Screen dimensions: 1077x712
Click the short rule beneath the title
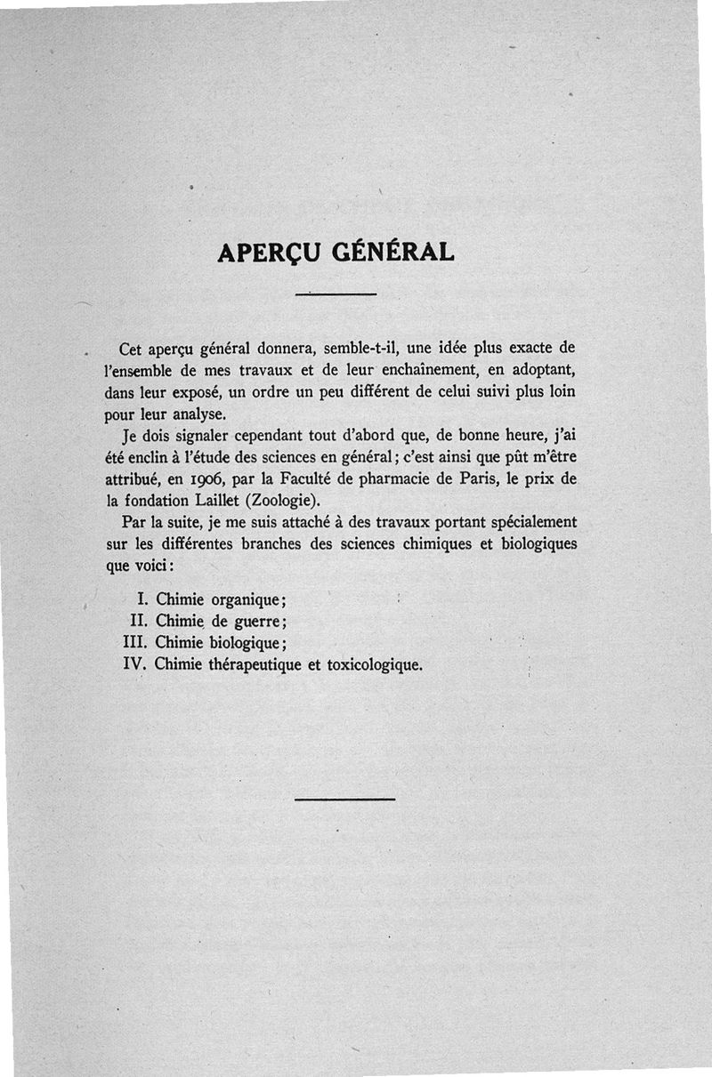click(x=336, y=293)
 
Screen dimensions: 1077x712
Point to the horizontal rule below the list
click(x=344, y=799)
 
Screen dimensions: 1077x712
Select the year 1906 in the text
click(x=207, y=480)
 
